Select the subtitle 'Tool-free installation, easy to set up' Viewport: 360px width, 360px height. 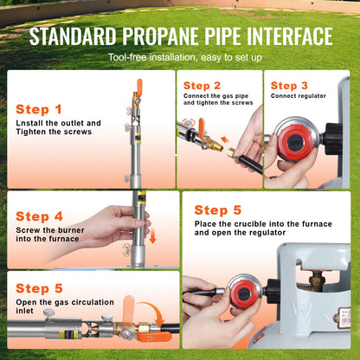click(x=180, y=56)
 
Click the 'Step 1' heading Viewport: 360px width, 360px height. click(x=39, y=110)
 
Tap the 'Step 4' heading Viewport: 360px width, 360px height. click(x=39, y=216)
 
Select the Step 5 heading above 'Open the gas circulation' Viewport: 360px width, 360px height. click(x=39, y=288)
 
